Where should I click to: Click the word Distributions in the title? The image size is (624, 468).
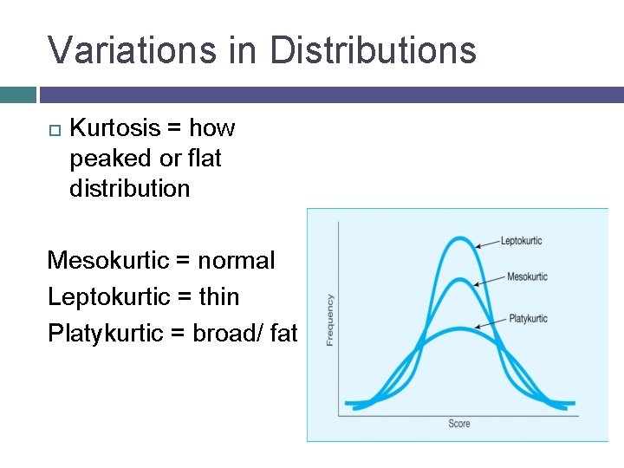pyautogui.click(x=373, y=50)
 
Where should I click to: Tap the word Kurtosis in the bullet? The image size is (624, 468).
pyautogui.click(x=115, y=128)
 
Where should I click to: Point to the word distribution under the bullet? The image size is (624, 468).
pyautogui.click(x=129, y=189)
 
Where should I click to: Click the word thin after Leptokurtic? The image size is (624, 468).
pyautogui.click(x=218, y=296)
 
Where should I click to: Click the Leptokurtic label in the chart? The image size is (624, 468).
pyautogui.click(x=522, y=240)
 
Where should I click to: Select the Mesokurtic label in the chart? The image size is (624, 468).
pyautogui.click(x=527, y=277)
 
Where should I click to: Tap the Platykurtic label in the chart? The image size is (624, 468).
pyautogui.click(x=528, y=319)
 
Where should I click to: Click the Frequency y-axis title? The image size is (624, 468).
pyautogui.click(x=330, y=320)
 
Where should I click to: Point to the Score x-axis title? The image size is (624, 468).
pyautogui.click(x=459, y=424)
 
